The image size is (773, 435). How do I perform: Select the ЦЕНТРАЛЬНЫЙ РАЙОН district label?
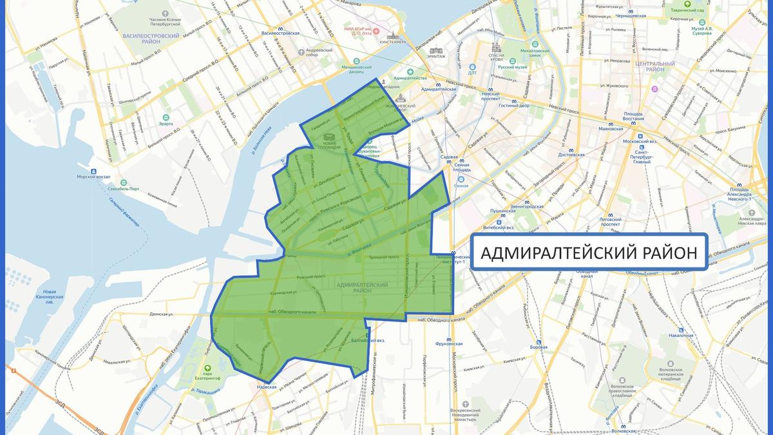[654, 67]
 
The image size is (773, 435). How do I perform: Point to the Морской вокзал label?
[94, 177]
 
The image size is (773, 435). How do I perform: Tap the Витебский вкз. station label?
[501, 227]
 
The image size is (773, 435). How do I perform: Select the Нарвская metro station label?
[266, 387]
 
